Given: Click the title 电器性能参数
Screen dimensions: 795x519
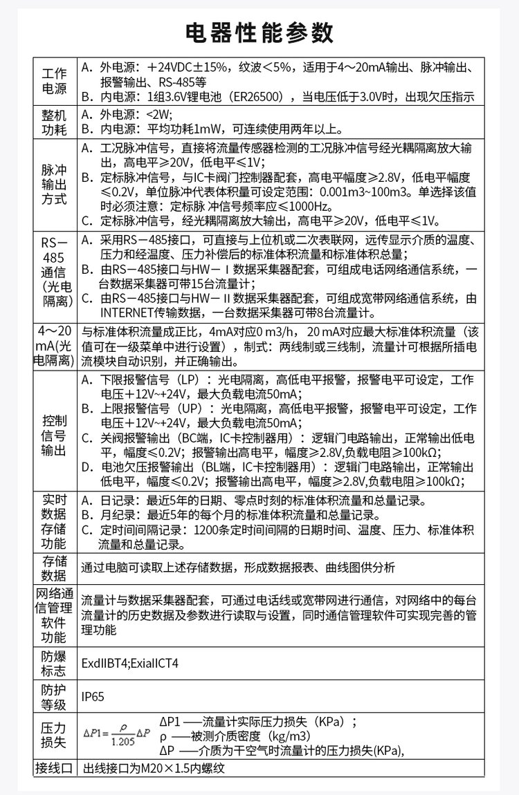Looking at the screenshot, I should [x=259, y=33].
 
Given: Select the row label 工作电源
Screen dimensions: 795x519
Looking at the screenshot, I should [x=55, y=81].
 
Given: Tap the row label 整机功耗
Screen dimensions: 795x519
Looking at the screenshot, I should [x=55, y=122].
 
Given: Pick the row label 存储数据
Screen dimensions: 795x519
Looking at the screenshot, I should [x=55, y=568].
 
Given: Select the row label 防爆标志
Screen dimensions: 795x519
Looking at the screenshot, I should [x=55, y=663].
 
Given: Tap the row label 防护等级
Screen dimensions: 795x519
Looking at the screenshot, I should [x=55, y=696].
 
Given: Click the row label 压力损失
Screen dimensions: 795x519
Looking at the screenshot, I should [x=55, y=736].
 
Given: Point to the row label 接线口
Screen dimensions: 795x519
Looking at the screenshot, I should [x=55, y=767].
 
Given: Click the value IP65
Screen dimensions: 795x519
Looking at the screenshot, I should [x=93, y=696].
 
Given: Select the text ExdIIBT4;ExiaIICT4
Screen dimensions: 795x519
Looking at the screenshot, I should [x=130, y=663].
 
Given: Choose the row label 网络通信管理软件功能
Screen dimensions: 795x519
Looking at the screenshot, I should [x=55, y=615].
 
